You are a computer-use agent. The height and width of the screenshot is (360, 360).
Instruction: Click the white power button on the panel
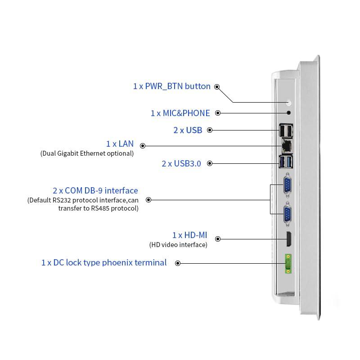288,103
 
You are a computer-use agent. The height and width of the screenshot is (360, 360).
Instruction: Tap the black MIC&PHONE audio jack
288,113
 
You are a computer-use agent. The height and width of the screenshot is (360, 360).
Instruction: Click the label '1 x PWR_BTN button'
171,86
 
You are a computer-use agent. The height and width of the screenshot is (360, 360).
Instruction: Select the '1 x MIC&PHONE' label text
180,113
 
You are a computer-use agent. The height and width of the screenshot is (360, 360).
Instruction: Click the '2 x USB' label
188,130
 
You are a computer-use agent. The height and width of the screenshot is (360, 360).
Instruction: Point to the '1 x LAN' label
120,144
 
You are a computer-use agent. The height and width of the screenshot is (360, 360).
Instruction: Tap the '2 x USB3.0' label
181,163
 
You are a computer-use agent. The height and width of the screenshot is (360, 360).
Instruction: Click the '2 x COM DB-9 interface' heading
95,190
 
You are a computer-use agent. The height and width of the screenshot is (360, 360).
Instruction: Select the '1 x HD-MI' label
189,235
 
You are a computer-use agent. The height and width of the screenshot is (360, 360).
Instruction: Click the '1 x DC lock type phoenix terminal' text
104,262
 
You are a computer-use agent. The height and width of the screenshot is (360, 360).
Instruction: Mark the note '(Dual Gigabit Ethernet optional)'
87,153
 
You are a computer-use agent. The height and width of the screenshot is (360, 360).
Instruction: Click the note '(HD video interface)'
178,245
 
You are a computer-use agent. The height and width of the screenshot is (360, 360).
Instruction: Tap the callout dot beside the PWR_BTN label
217,86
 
